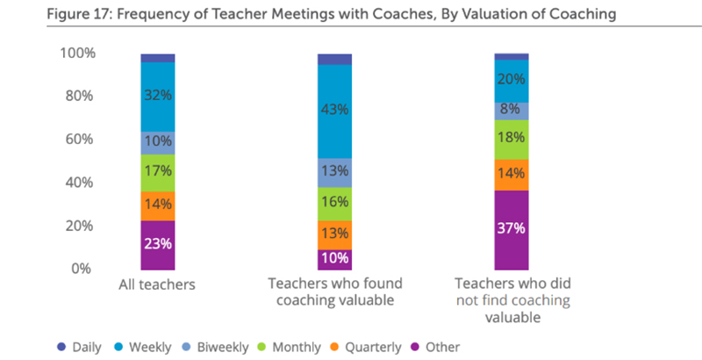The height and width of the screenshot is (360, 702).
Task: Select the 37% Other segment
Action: (511, 229)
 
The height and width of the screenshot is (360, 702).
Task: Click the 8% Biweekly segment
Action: (511, 111)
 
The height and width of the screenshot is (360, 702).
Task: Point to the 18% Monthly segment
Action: (511, 138)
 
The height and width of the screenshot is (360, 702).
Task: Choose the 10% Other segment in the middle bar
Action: (334, 258)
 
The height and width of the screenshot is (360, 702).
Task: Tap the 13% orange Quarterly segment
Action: (334, 234)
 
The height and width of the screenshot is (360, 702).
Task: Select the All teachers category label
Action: (159, 285)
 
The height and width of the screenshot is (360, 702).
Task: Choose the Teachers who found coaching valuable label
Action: (334, 293)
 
